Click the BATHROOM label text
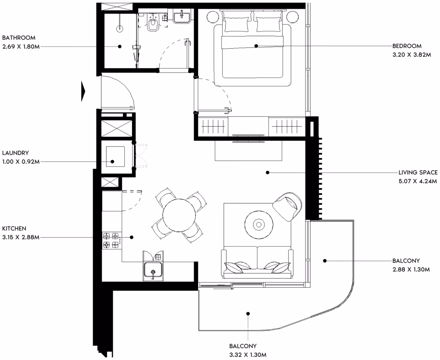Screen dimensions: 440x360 click(x=19, y=38)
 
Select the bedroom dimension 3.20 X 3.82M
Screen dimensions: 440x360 click(x=412, y=55)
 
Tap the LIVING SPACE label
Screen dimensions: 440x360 click(x=418, y=173)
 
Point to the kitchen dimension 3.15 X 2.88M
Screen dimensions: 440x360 click(x=21, y=237)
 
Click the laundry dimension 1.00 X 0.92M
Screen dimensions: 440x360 click(x=21, y=162)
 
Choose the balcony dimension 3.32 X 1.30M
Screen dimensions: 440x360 click(x=248, y=355)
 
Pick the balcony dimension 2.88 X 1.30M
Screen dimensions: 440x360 click(x=411, y=269)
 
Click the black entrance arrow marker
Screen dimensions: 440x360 click(x=83, y=91)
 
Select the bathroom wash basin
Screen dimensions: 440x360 click(x=182, y=16)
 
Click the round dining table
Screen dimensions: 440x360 click(x=179, y=215)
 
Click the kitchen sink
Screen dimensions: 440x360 click(x=153, y=270)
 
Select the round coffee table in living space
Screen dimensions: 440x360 click(x=259, y=225)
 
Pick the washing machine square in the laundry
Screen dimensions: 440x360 click(x=115, y=157)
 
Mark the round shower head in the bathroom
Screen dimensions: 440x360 click(x=120, y=29)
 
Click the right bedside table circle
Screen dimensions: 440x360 click(x=293, y=17)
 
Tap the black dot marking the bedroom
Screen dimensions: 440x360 click(x=256, y=46)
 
